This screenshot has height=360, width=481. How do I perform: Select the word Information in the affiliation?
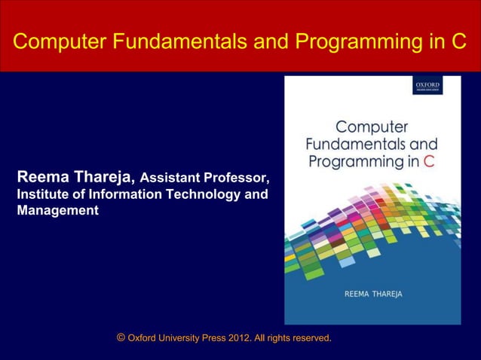point(103,194)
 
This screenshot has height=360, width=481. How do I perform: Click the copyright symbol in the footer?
point(121,338)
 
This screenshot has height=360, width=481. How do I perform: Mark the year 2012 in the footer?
point(243,339)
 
